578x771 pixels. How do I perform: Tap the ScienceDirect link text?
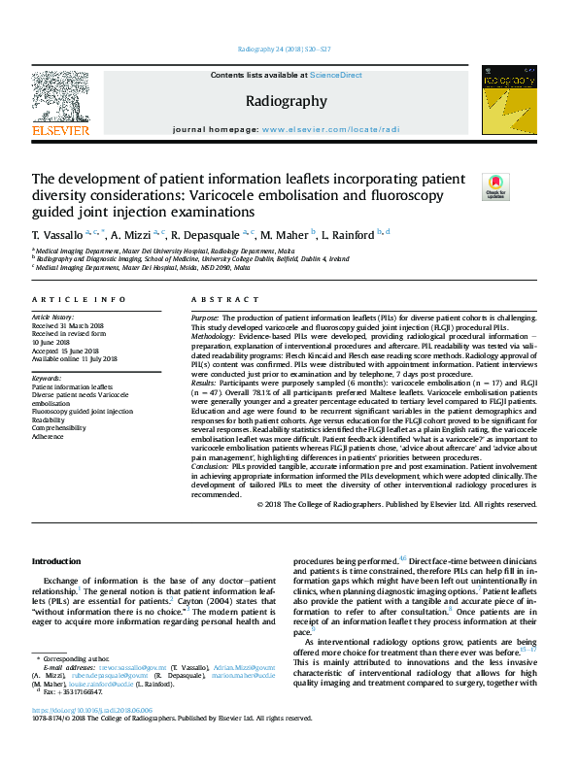click(336, 75)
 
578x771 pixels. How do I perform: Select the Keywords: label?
click(48, 378)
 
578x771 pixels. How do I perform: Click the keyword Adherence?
click(51, 436)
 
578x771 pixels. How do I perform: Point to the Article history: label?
click(54, 318)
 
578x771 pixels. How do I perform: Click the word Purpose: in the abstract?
click(205, 318)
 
